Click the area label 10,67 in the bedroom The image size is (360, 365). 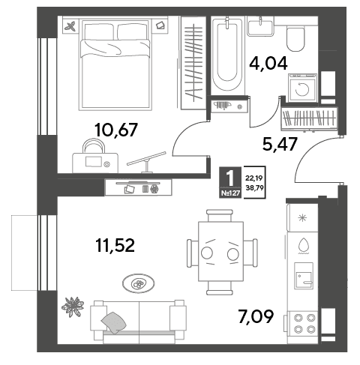click(116, 130)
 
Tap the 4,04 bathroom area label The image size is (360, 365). click(268, 64)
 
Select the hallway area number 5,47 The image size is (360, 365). click(280, 144)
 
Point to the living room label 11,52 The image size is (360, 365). click(115, 245)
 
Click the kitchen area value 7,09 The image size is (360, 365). click(256, 316)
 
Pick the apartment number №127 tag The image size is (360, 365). click(230, 193)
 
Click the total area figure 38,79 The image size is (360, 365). click(255, 187)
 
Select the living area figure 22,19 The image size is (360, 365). click(255, 178)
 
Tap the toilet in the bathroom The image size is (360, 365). click(295, 39)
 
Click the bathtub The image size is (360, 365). click(227, 55)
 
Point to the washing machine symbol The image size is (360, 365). click(302, 88)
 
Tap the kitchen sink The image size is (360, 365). click(304, 276)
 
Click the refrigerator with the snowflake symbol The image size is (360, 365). click(303, 218)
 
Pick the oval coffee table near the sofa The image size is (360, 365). click(138, 283)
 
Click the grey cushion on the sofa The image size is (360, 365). click(114, 323)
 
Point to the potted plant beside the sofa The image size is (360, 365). click(73, 307)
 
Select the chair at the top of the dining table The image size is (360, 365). click(220, 216)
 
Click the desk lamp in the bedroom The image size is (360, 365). click(147, 162)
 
